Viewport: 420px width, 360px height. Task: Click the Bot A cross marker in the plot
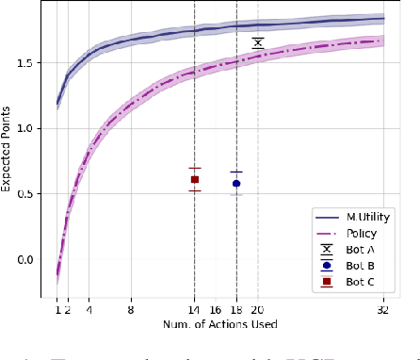tap(257, 42)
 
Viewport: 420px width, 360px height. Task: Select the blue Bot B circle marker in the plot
tap(236, 184)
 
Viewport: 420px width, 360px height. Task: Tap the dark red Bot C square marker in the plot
tap(195, 179)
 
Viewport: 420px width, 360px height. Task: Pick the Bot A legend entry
tap(352, 250)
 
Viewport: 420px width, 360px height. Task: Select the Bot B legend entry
tap(352, 266)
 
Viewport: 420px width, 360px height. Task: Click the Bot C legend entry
tap(352, 282)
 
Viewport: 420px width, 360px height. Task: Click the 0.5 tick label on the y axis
tap(35, 194)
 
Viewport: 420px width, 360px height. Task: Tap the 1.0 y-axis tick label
tap(35, 128)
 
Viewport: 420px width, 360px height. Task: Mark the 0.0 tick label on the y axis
tap(35, 260)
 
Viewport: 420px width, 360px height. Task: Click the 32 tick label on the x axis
tap(383, 309)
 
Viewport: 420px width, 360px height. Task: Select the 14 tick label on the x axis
tap(195, 309)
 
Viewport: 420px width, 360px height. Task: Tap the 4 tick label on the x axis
tap(89, 309)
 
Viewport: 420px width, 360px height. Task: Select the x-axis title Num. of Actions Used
tap(219, 325)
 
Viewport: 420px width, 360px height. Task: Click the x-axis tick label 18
tap(236, 309)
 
